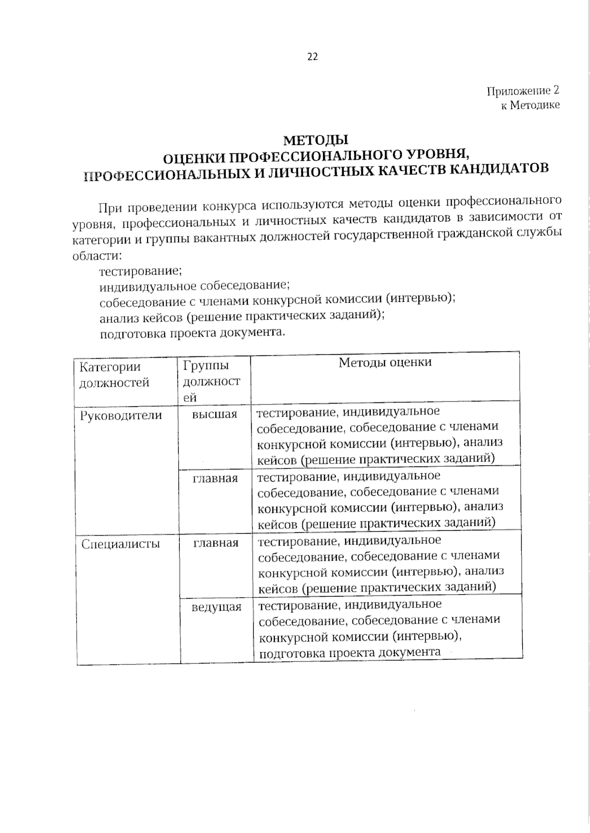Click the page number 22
313,57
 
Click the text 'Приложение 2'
523,91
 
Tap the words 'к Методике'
530,105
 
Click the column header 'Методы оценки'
385,363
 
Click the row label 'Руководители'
120,416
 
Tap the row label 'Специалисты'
120,544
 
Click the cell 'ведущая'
216,607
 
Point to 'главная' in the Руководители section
215,479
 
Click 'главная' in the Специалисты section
216,543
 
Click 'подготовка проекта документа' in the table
350,653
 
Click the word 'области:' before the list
96,256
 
